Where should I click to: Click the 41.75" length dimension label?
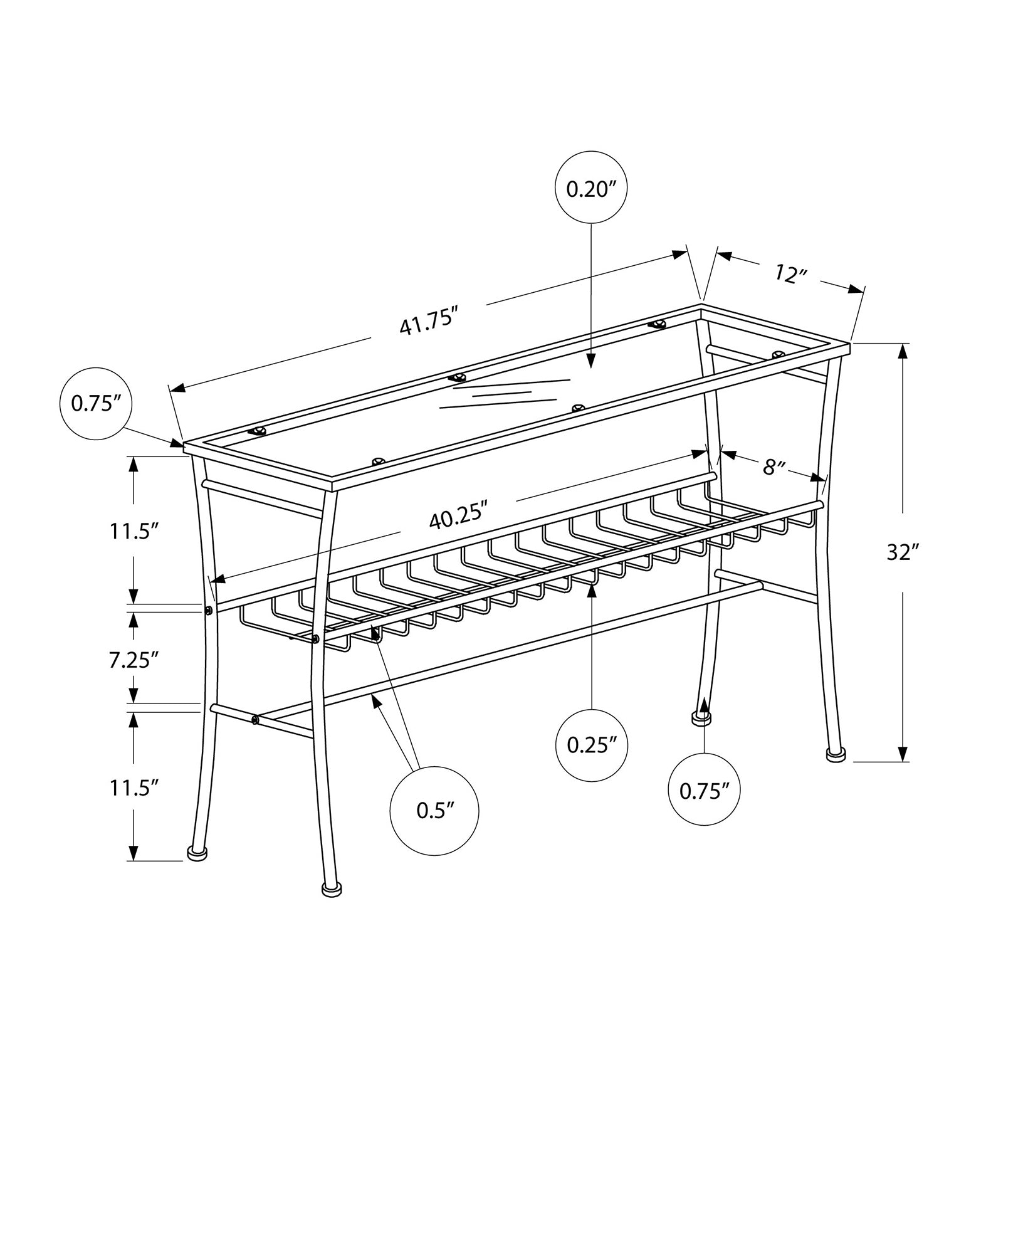[x=426, y=323]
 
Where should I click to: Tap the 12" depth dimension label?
[x=789, y=273]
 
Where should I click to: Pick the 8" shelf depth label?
[x=774, y=466]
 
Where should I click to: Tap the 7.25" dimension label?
[x=133, y=660]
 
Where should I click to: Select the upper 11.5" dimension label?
[x=133, y=531]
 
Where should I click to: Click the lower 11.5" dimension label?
[x=133, y=788]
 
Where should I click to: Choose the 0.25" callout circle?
[x=592, y=745]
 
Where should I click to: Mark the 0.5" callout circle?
[x=434, y=810]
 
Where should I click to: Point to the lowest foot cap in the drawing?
[x=332, y=888]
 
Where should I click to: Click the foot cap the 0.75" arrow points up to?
[x=701, y=718]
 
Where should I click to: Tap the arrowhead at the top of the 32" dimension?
[x=903, y=351]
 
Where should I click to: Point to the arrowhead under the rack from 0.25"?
[x=592, y=587]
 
